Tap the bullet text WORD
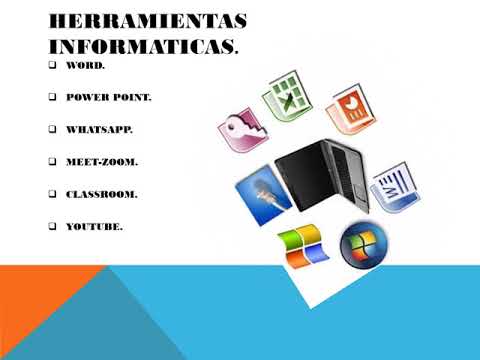click(x=85, y=65)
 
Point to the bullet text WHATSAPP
click(x=98, y=129)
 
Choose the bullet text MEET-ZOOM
click(x=101, y=161)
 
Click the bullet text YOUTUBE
click(x=94, y=227)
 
